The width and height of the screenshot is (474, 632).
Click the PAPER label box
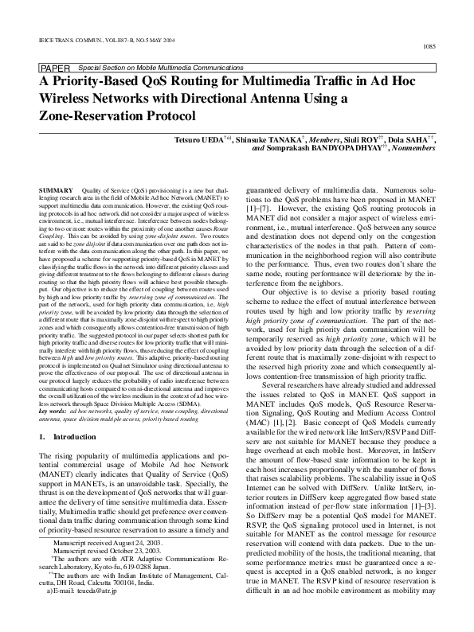(55, 68)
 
